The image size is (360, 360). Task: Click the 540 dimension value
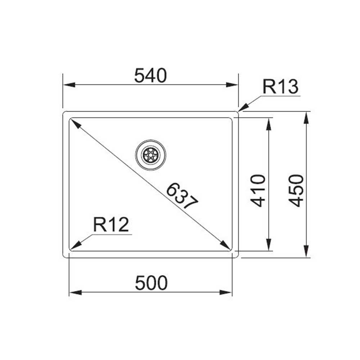pyautogui.click(x=150, y=76)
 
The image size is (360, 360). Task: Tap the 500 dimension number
pyautogui.click(x=151, y=283)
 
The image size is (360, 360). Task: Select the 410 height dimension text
pyautogui.click(x=258, y=190)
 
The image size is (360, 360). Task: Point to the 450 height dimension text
pyautogui.click(x=296, y=190)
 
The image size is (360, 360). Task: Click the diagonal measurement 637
pyautogui.click(x=182, y=195)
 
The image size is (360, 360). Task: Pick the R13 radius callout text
pyautogui.click(x=280, y=86)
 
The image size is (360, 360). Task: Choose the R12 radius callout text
pyautogui.click(x=111, y=225)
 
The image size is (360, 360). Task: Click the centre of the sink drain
pyautogui.click(x=150, y=155)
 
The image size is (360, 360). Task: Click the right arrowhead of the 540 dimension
pyautogui.click(x=232, y=85)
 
